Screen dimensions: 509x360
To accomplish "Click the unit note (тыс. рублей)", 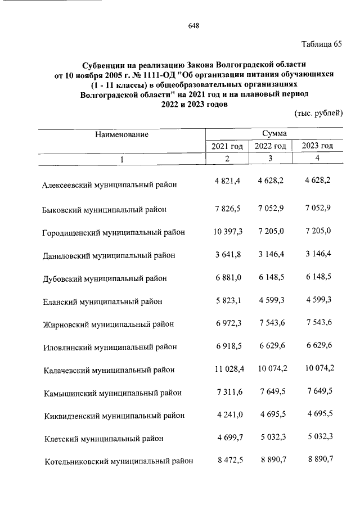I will tap(318, 113).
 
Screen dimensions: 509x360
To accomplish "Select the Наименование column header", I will tap(121, 134).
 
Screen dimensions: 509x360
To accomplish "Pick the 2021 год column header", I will tap(227, 146).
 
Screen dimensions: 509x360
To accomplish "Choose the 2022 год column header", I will tap(271, 146).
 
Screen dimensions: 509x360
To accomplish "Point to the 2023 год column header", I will tap(318, 146).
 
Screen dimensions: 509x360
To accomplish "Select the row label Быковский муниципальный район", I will tap(105, 210).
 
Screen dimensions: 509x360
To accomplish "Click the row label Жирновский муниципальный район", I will tap(109, 324).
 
